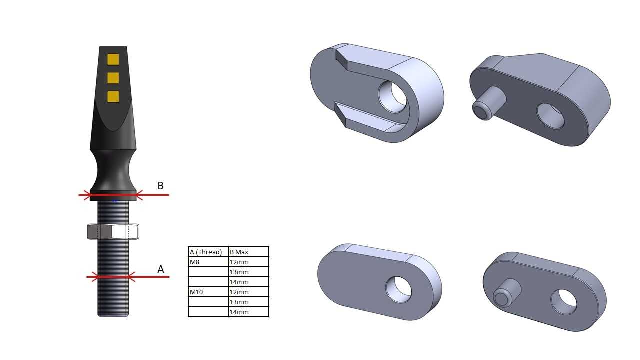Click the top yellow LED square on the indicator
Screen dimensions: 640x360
(x=113, y=59)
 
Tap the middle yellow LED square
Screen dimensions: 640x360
(x=113, y=78)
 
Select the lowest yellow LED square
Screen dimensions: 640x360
(x=113, y=96)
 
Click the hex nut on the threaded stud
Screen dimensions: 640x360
(x=113, y=231)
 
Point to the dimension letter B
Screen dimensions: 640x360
(x=161, y=186)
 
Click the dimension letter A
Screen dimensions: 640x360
(x=161, y=269)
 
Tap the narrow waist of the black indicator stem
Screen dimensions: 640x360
(x=113, y=168)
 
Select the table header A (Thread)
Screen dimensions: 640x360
(x=206, y=252)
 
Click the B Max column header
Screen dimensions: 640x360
(x=239, y=252)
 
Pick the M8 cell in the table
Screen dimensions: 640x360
(x=195, y=262)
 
